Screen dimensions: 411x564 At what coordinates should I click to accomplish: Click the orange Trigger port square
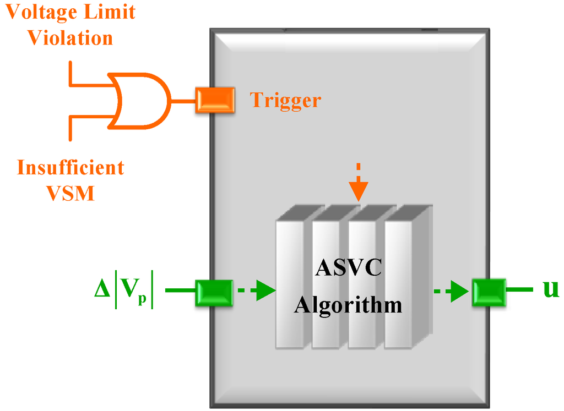(215, 100)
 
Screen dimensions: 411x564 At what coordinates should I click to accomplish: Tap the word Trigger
(285, 100)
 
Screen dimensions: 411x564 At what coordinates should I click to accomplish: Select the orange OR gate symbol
(140, 101)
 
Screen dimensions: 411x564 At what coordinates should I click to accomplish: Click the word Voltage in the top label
(44, 12)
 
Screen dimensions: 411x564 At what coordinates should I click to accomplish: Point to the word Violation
(70, 37)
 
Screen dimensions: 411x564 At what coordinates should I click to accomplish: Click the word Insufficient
(70, 167)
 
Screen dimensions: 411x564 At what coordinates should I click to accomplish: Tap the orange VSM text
(70, 193)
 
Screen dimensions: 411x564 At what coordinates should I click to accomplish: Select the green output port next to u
(489, 292)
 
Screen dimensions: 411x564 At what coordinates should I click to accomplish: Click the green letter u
(550, 289)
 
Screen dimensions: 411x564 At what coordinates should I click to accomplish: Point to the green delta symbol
(102, 289)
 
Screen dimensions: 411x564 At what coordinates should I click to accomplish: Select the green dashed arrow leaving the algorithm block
(452, 292)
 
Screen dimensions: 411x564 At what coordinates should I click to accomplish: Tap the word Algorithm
(348, 304)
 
